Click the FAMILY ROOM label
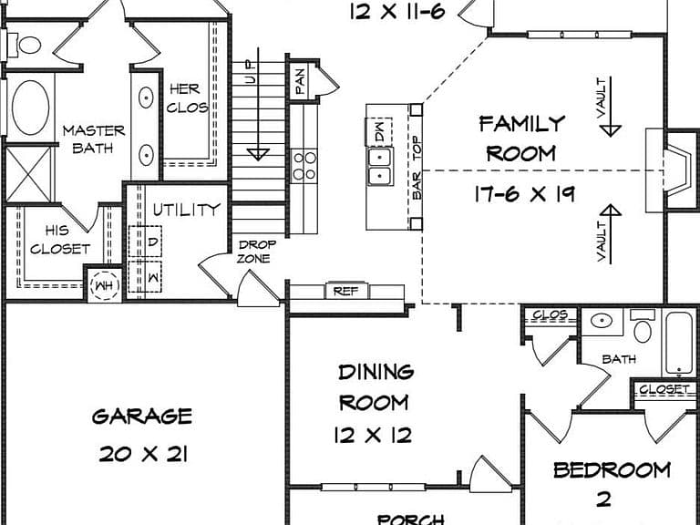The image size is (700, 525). tap(522, 139)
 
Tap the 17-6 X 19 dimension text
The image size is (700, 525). tap(524, 194)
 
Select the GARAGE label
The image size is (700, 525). tap(142, 417)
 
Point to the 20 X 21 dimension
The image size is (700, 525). tap(143, 455)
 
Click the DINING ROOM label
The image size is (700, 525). tap(376, 387)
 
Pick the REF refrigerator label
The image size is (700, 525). tap(346, 292)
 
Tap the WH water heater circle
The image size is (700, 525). tap(105, 285)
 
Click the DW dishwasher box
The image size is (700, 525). tap(379, 131)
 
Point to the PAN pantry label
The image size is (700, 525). tap(301, 80)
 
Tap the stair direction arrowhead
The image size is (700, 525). tap(258, 154)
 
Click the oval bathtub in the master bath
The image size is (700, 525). tap(30, 108)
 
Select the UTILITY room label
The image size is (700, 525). tap(187, 210)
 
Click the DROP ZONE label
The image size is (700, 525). tap(255, 252)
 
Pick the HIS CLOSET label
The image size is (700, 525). tap(60, 240)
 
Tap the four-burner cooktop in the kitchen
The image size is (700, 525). tap(304, 166)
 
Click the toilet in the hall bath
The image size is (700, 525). tap(643, 327)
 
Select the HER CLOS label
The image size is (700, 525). tap(187, 98)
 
